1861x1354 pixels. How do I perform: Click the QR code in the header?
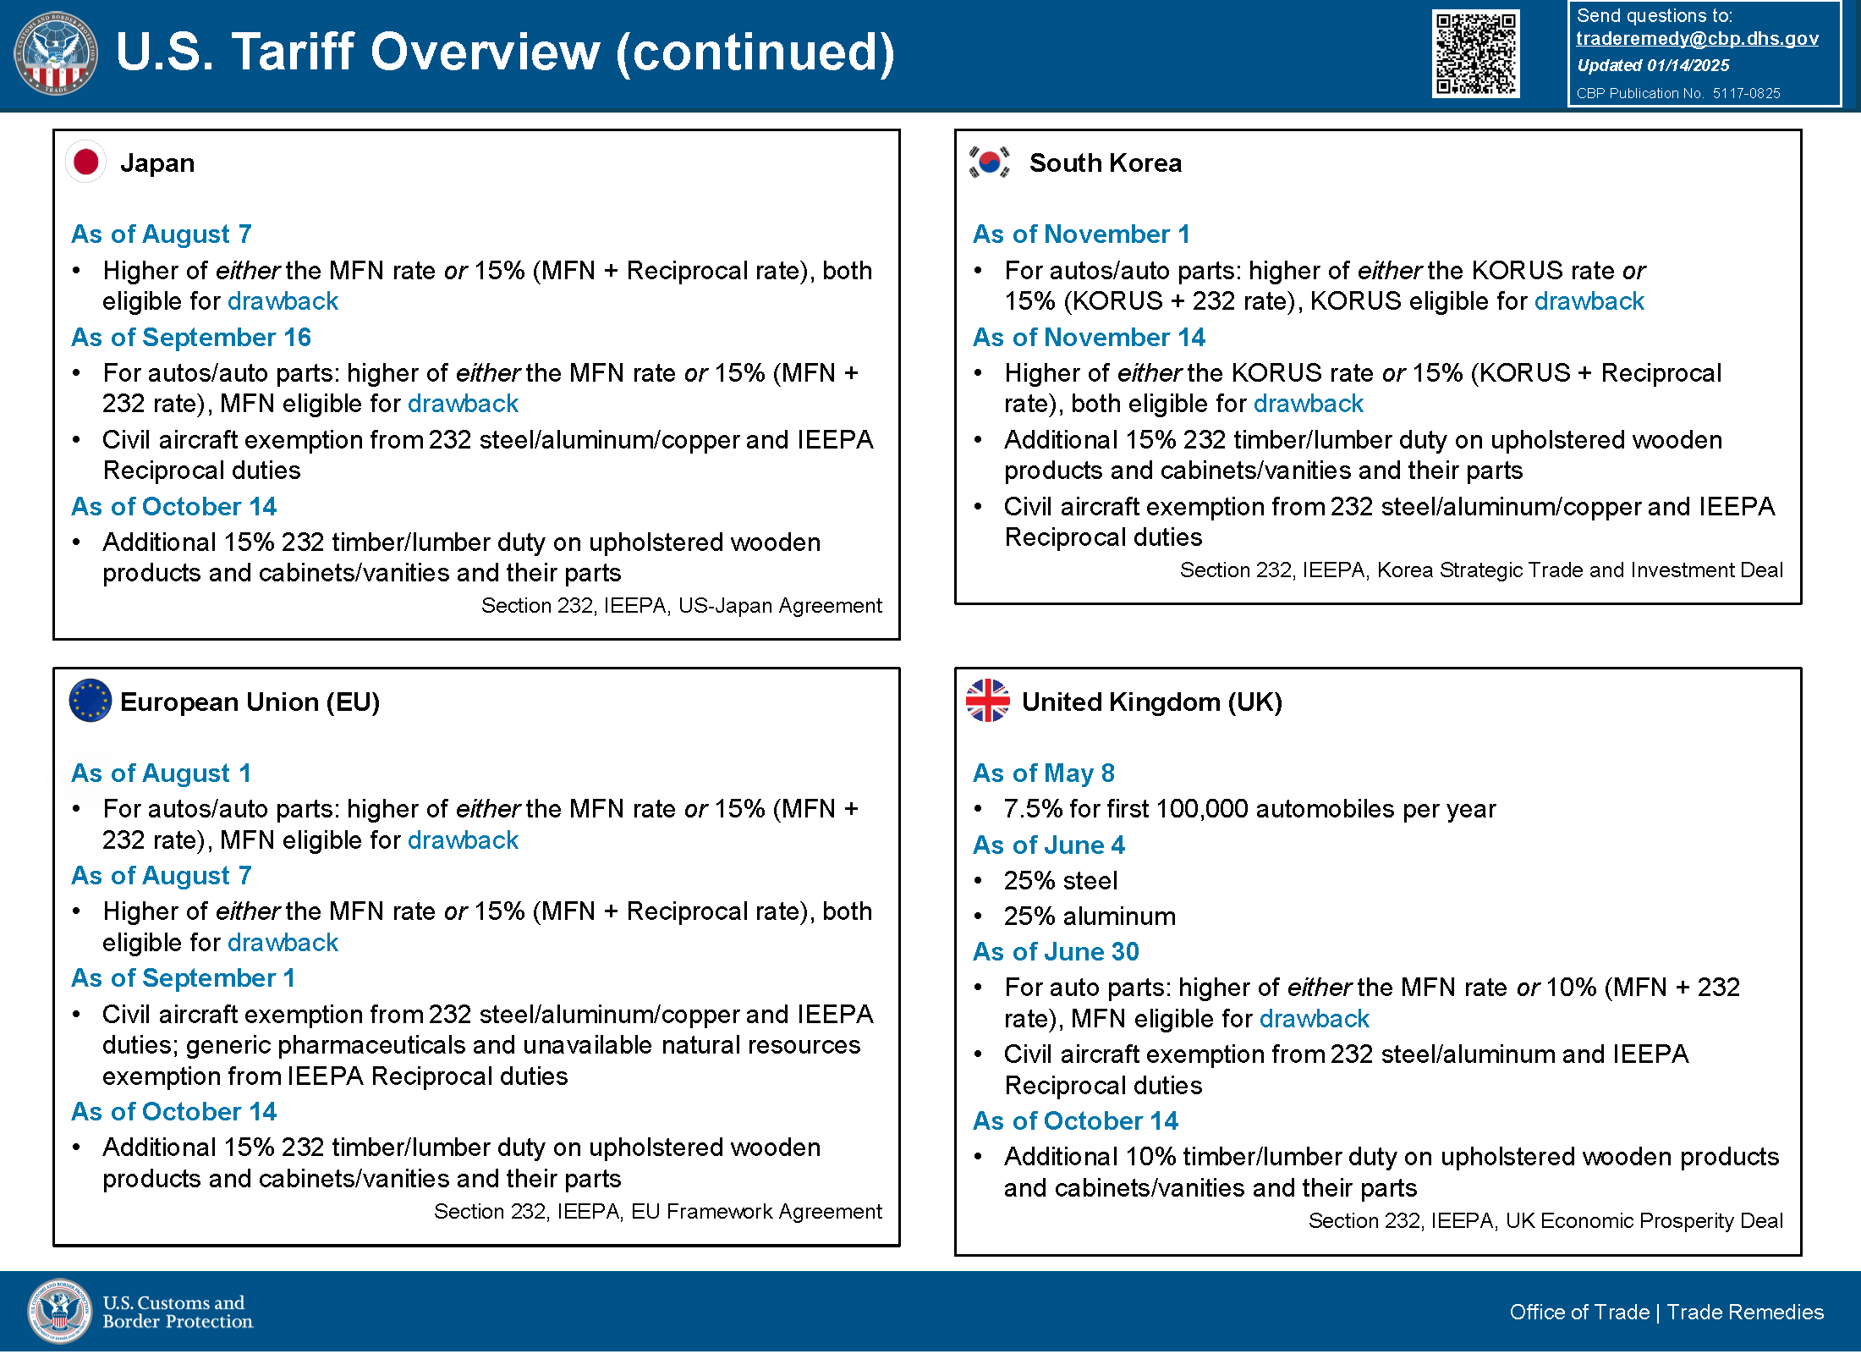(x=1475, y=53)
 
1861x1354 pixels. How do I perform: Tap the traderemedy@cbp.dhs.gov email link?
(x=1697, y=38)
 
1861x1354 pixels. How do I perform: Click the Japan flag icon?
(x=86, y=162)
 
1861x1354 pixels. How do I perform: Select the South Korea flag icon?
(x=989, y=162)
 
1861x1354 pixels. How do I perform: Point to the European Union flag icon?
(x=91, y=701)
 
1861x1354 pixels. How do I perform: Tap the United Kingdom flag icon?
(x=988, y=701)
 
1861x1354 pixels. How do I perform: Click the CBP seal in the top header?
(x=56, y=53)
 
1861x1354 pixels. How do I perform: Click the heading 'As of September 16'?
(x=191, y=337)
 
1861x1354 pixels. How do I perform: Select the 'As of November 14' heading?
(x=1089, y=337)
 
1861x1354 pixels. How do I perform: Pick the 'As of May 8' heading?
(x=1044, y=773)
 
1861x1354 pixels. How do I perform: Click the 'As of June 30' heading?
(x=1056, y=951)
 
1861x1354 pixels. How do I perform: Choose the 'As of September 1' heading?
(x=184, y=977)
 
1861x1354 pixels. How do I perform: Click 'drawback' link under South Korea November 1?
(x=1589, y=301)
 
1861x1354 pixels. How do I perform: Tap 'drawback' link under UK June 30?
(x=1314, y=1019)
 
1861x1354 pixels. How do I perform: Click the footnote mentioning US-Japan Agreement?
(x=681, y=606)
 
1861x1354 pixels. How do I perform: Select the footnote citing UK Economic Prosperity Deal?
(x=1545, y=1220)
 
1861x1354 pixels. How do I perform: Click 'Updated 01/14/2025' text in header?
(x=1653, y=65)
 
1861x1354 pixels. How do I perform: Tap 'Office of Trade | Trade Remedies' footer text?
(x=1666, y=1312)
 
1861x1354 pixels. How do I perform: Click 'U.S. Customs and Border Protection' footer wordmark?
(x=178, y=1312)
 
